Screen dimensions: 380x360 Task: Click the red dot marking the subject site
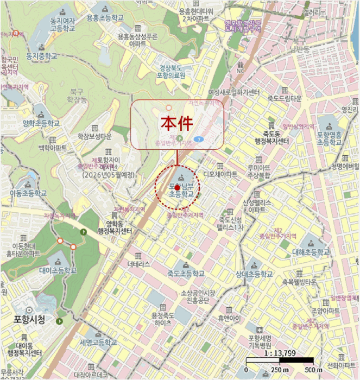pos(178,187)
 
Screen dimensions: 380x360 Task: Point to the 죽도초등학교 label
pos(186,274)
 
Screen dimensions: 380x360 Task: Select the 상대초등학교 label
pos(254,274)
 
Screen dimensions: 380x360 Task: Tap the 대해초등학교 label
pos(311,252)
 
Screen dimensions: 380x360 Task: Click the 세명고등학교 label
pos(98,343)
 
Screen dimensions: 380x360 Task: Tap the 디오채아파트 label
pos(219,174)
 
